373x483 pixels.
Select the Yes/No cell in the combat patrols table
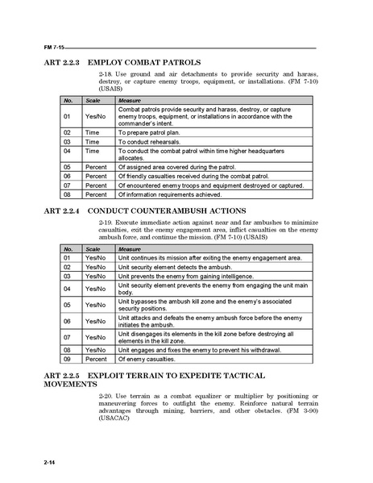point(95,115)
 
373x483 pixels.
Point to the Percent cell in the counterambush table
point(96,360)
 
